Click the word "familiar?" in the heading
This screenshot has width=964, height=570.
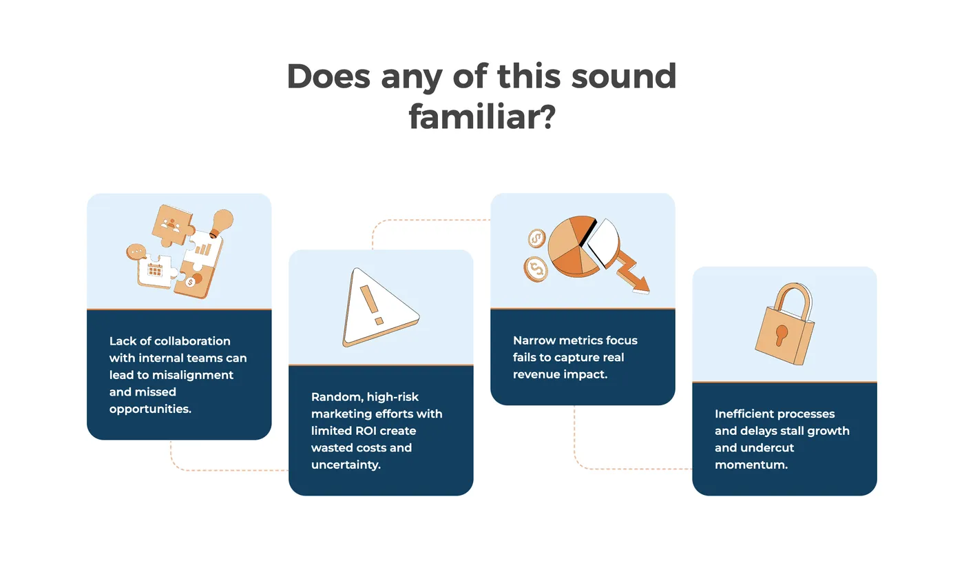pos(482,117)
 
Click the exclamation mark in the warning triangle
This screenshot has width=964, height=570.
pos(370,304)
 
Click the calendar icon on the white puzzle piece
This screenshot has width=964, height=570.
pos(155,270)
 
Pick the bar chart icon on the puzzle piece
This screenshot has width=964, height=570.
pos(203,250)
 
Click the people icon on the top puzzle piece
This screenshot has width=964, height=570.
pos(171,225)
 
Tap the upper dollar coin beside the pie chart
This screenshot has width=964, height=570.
pos(536,238)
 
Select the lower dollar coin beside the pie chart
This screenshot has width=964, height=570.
pos(536,269)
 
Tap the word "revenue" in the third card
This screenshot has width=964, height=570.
pos(536,374)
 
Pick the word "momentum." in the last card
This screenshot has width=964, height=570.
pos(751,465)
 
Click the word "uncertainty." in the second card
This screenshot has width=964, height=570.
pos(346,465)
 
